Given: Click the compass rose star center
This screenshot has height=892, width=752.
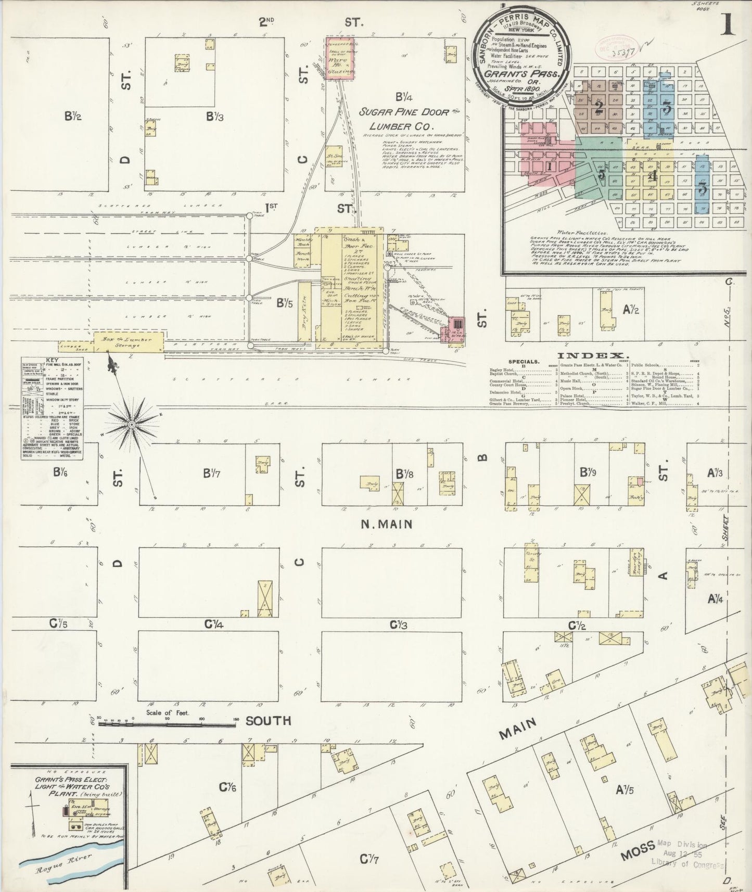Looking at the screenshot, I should click(x=132, y=425).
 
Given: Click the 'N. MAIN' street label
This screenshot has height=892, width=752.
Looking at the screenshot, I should click(x=387, y=524).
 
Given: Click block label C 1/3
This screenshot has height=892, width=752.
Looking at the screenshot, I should click(x=399, y=625).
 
